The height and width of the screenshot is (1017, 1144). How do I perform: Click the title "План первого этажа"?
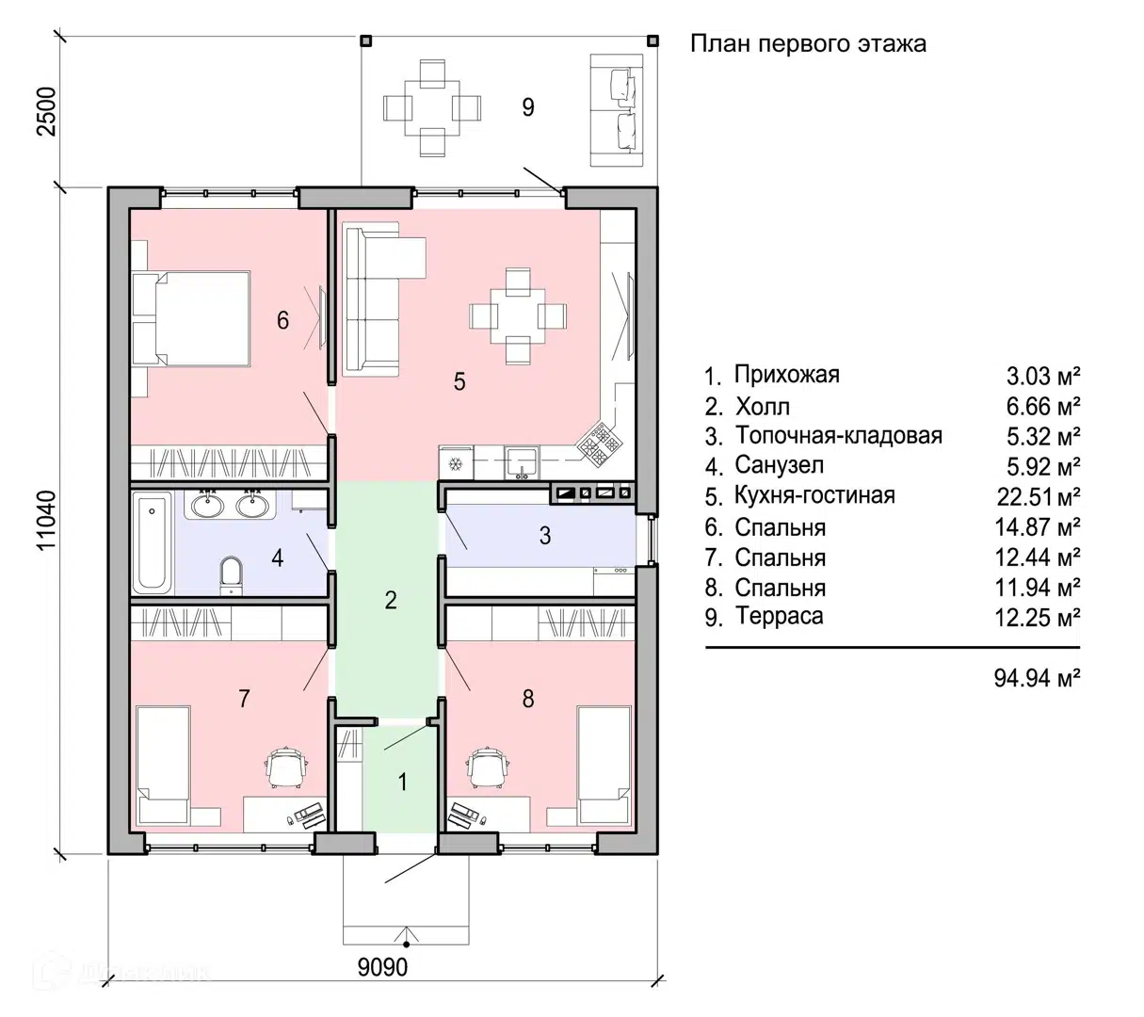[x=808, y=44]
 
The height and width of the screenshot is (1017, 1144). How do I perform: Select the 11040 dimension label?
[x=47, y=520]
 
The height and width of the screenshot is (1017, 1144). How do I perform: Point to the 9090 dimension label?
[x=382, y=967]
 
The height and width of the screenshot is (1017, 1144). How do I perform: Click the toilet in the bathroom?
[x=231, y=574]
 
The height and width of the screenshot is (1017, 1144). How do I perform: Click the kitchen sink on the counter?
[x=523, y=462]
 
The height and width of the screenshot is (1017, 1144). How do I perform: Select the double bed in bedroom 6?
[x=191, y=319]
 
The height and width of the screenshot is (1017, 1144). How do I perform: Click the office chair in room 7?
[x=286, y=767]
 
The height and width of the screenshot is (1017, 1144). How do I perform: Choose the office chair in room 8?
[x=489, y=767]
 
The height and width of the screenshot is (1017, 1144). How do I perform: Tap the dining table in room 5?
[x=518, y=316]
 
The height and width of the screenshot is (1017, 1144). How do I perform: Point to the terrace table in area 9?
[x=432, y=108]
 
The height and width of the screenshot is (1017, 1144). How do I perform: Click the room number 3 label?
[x=544, y=535]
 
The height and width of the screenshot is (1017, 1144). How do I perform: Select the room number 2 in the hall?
[x=390, y=600]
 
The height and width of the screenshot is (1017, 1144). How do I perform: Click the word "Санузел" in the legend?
[x=779, y=465]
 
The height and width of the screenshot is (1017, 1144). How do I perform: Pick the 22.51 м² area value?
[x=1038, y=497]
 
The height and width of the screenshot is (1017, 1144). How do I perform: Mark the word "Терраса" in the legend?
[x=779, y=616]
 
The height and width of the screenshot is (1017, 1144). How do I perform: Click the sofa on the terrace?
[x=617, y=110]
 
